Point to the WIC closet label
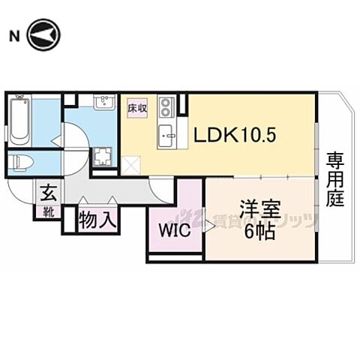click(173, 230)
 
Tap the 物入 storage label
click(97, 220)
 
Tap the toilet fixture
click(24, 162)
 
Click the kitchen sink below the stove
click(166, 136)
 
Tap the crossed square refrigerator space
click(131, 163)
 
